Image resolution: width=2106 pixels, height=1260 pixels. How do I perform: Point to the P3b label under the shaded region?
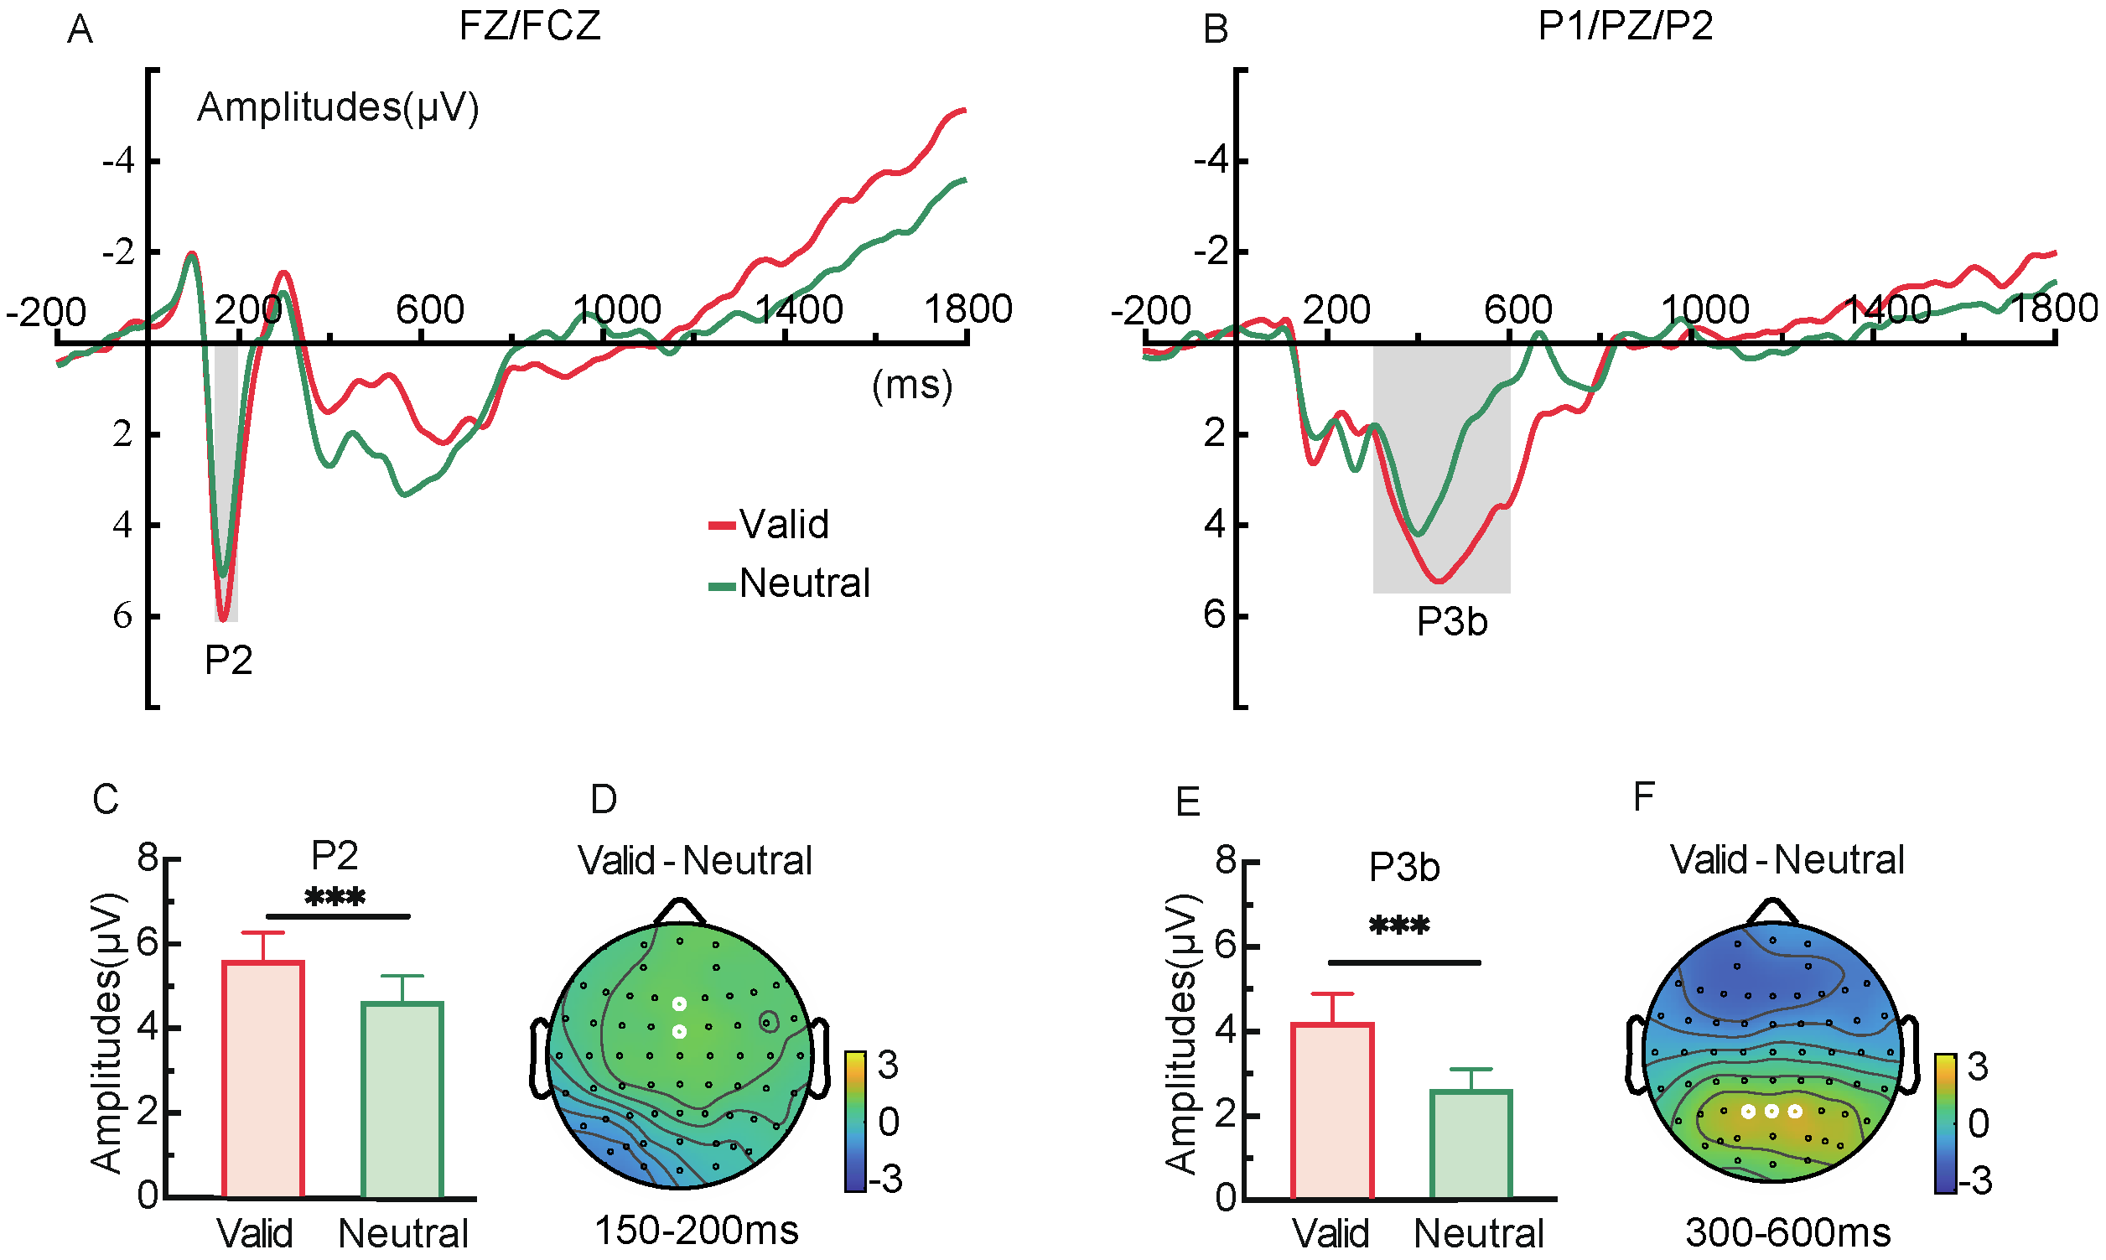pos(1451,622)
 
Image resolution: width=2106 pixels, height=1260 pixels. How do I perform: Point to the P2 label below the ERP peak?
pos(228,660)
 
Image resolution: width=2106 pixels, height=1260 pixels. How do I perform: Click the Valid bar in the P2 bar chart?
pos(263,1078)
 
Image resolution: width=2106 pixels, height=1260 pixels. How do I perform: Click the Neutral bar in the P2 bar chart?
pos(402,1100)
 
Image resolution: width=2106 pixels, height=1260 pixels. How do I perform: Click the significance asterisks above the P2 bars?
pos(335,898)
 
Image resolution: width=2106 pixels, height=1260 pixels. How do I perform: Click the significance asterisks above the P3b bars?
pos(1399,926)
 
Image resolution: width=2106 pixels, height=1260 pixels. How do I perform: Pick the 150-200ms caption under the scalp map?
pos(696,1231)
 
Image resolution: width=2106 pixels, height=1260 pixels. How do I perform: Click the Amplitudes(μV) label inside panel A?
pos(338,108)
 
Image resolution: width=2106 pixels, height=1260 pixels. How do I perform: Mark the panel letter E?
pos(1187,801)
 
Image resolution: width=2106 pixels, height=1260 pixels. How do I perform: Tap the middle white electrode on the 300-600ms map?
pos(1771,1111)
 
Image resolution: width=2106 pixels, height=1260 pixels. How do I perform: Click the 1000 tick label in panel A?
pos(617,309)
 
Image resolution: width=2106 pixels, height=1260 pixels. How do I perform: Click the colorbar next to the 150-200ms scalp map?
pos(855,1121)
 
